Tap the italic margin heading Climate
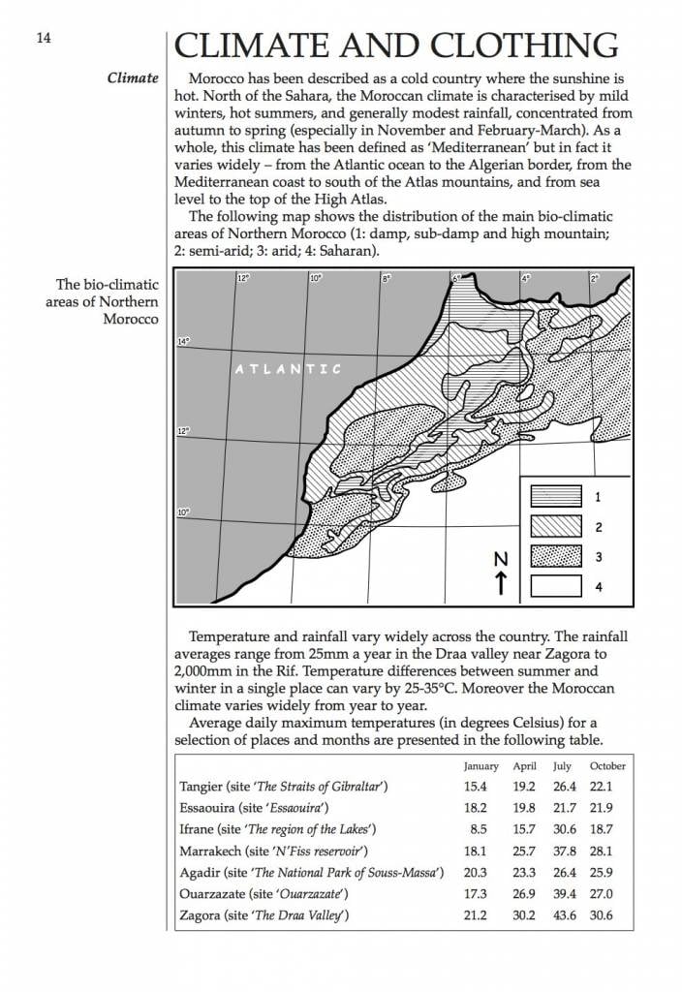click(x=133, y=77)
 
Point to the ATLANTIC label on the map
click(x=289, y=369)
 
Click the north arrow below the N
click(x=501, y=583)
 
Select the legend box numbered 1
click(x=555, y=497)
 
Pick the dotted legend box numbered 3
click(x=555, y=557)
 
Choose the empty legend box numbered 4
click(x=555, y=587)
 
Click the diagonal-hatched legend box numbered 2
click(x=555, y=527)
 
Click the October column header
click(x=607, y=766)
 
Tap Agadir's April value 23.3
click(x=523, y=873)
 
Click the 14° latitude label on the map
click(x=184, y=341)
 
